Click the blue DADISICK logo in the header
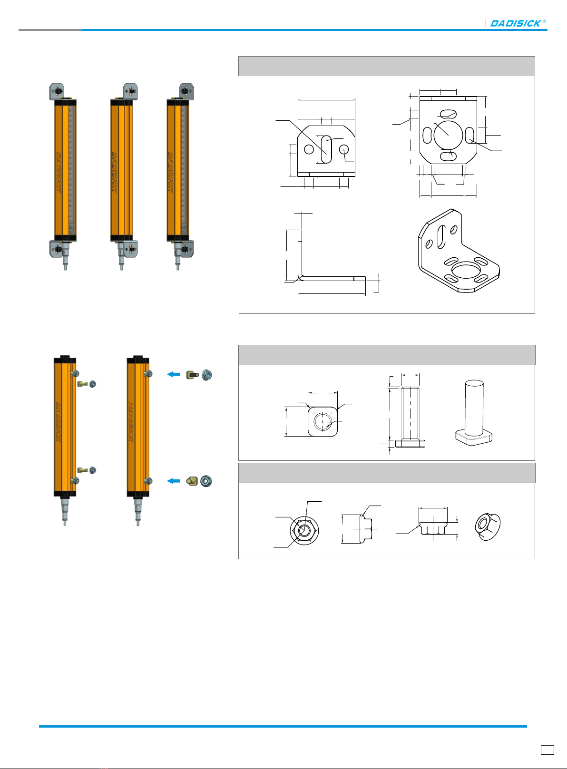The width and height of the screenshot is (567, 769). click(518, 23)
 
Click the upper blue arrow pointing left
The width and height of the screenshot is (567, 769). click(174, 374)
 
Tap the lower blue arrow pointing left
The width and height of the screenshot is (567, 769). click(174, 481)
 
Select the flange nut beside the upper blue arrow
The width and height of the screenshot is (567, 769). click(207, 375)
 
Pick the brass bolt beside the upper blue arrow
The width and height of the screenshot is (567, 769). click(192, 375)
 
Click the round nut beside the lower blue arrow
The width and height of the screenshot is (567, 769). click(206, 481)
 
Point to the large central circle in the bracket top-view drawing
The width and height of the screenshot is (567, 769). click(448, 135)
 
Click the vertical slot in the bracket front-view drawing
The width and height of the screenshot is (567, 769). click(326, 149)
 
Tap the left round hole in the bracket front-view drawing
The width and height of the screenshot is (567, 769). click(309, 149)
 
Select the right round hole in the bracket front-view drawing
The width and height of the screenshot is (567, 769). click(344, 149)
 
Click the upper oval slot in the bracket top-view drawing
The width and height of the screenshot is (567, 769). click(448, 114)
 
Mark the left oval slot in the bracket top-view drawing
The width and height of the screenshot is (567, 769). click(427, 135)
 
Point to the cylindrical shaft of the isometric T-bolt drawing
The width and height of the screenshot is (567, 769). click(474, 408)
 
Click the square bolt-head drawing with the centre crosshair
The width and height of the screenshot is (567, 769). click(323, 421)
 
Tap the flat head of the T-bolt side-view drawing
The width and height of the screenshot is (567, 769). click(410, 444)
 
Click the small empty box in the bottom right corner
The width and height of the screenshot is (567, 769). click(547, 750)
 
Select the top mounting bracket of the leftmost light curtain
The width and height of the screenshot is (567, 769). click(57, 92)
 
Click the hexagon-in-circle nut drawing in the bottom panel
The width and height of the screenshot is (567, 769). click(304, 530)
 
